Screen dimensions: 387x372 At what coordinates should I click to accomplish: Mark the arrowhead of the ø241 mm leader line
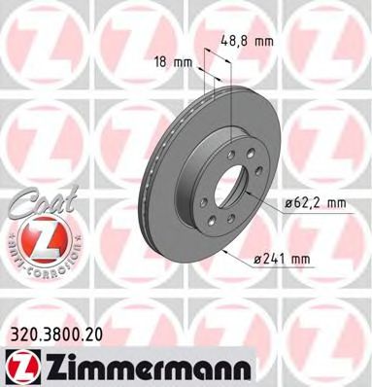(222, 250)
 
